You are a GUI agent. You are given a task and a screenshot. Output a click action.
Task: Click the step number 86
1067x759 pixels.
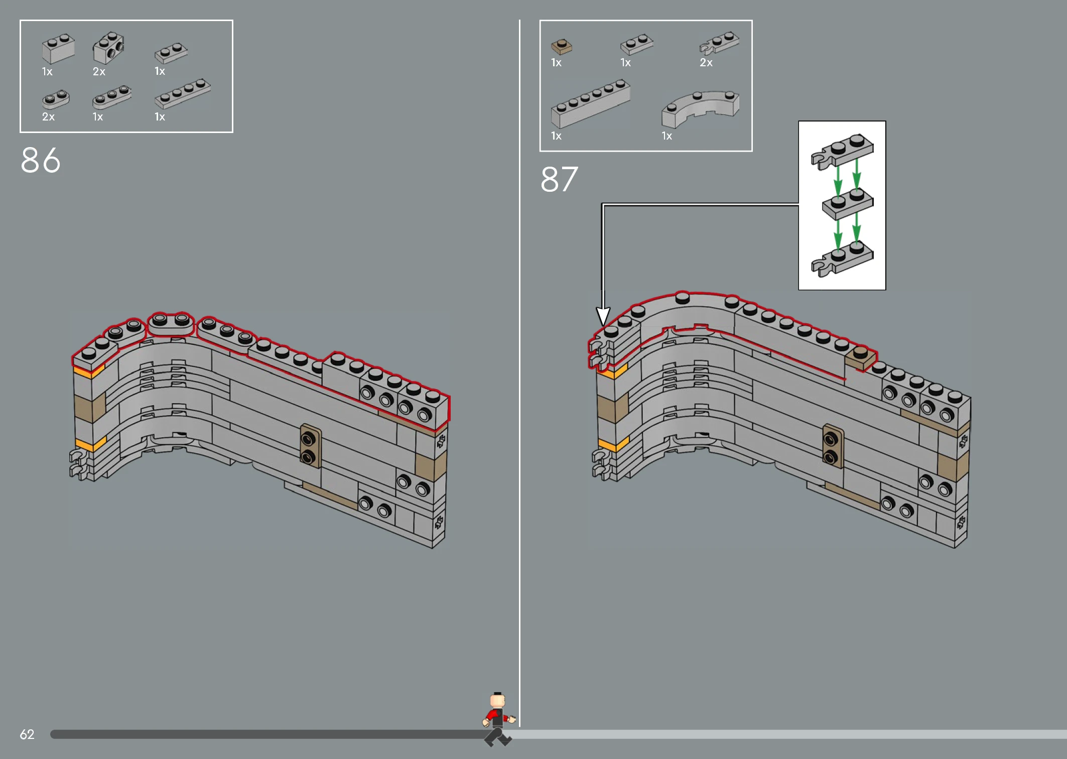click(41, 160)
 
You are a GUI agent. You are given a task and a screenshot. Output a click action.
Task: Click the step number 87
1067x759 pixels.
click(559, 179)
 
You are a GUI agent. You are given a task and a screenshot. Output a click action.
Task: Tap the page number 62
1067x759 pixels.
click(27, 734)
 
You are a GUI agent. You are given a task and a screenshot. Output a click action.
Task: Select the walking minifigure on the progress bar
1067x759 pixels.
click(498, 719)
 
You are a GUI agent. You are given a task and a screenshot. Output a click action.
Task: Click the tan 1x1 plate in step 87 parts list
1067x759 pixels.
click(561, 47)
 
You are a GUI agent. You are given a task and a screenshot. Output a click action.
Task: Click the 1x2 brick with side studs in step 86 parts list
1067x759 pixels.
click(108, 48)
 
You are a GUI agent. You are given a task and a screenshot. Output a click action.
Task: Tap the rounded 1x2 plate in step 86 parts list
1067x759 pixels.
click(56, 99)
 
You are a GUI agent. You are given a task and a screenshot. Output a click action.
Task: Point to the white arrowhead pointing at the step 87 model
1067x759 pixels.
click(603, 316)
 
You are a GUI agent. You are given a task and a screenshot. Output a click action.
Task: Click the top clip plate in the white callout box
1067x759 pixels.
click(842, 151)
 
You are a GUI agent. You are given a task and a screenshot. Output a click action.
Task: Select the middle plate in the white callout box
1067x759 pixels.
click(848, 203)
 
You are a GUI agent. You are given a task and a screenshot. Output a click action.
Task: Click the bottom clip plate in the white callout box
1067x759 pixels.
click(842, 259)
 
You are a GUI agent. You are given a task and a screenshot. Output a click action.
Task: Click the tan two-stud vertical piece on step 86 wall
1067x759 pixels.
click(311, 445)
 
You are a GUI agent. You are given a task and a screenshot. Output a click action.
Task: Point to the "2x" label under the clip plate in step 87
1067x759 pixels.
click(706, 63)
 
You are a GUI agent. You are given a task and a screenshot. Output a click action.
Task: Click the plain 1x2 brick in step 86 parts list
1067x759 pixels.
click(58, 48)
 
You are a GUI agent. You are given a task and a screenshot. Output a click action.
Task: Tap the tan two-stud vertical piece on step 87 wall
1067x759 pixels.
click(833, 445)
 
